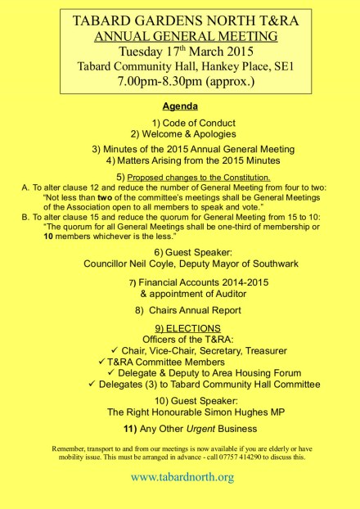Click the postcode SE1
click(271, 67)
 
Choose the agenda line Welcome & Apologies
click(189, 133)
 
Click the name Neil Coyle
click(162, 264)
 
